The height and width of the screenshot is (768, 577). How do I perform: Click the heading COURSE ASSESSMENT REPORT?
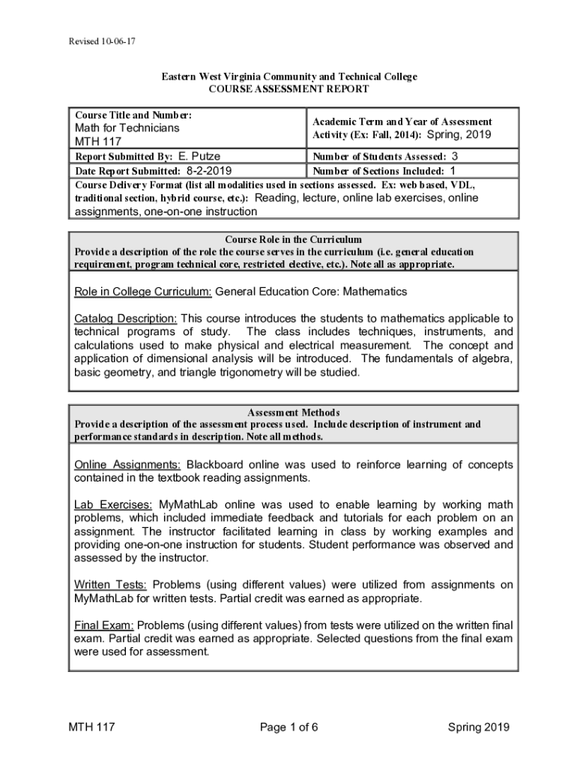click(x=288, y=89)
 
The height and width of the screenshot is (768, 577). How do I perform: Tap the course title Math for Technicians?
click(x=127, y=128)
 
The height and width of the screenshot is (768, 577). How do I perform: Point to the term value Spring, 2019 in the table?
click(x=459, y=135)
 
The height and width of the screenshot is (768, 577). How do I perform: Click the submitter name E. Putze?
click(x=199, y=156)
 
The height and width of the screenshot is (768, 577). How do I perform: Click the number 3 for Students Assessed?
click(x=454, y=156)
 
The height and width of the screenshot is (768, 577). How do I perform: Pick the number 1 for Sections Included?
click(x=452, y=170)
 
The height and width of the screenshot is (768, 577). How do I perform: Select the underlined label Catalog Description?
click(x=125, y=318)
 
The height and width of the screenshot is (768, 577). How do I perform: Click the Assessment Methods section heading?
click(x=293, y=412)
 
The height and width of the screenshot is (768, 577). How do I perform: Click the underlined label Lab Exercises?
click(x=113, y=504)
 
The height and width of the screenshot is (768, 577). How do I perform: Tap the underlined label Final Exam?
click(x=103, y=625)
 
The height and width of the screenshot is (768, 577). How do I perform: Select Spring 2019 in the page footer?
click(x=479, y=727)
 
